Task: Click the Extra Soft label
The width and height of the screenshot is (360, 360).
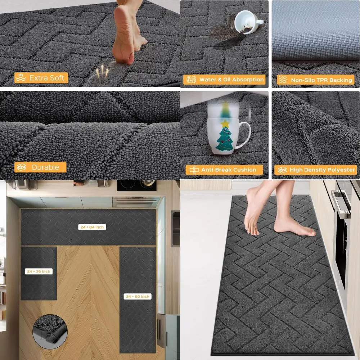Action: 41,78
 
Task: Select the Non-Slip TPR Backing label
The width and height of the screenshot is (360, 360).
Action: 315,80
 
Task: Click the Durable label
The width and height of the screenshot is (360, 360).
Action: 40,167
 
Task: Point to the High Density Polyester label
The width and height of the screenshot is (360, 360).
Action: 315,170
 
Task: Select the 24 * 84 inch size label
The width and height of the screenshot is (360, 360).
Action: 92,227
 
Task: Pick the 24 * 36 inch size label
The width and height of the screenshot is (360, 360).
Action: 39,271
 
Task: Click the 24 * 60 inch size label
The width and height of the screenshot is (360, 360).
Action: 138,296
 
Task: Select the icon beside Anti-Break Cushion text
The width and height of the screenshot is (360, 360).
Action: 194,170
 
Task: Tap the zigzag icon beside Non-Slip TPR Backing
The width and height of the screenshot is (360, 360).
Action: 283,80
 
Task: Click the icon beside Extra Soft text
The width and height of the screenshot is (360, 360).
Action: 21,78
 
